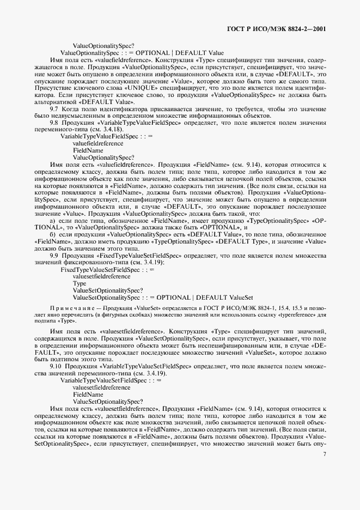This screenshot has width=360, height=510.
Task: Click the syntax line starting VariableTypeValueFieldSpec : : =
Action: point(102,137)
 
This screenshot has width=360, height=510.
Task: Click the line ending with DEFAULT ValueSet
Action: point(163,297)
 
